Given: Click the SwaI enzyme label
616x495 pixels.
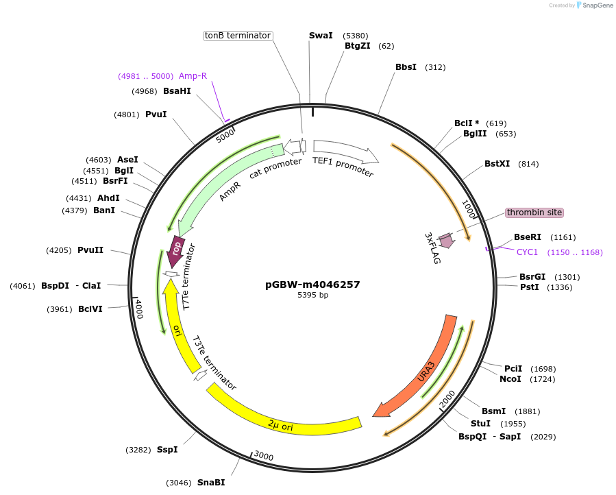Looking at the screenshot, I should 321,35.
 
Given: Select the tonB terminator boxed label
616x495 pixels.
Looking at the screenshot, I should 238,35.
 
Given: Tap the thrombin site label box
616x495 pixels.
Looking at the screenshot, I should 534,213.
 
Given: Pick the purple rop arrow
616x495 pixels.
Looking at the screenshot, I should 176,250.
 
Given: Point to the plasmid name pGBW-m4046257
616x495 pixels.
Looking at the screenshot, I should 312,284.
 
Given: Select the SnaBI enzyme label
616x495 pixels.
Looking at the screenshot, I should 211,483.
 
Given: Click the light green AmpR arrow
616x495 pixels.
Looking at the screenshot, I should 226,189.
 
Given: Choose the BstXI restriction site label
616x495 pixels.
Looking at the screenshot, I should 497,164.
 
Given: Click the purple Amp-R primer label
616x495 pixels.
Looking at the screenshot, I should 193,76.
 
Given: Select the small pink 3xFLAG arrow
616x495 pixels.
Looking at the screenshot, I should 447,241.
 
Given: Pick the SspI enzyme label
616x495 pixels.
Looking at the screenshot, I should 167,450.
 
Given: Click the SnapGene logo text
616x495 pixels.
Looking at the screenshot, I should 597,5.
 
